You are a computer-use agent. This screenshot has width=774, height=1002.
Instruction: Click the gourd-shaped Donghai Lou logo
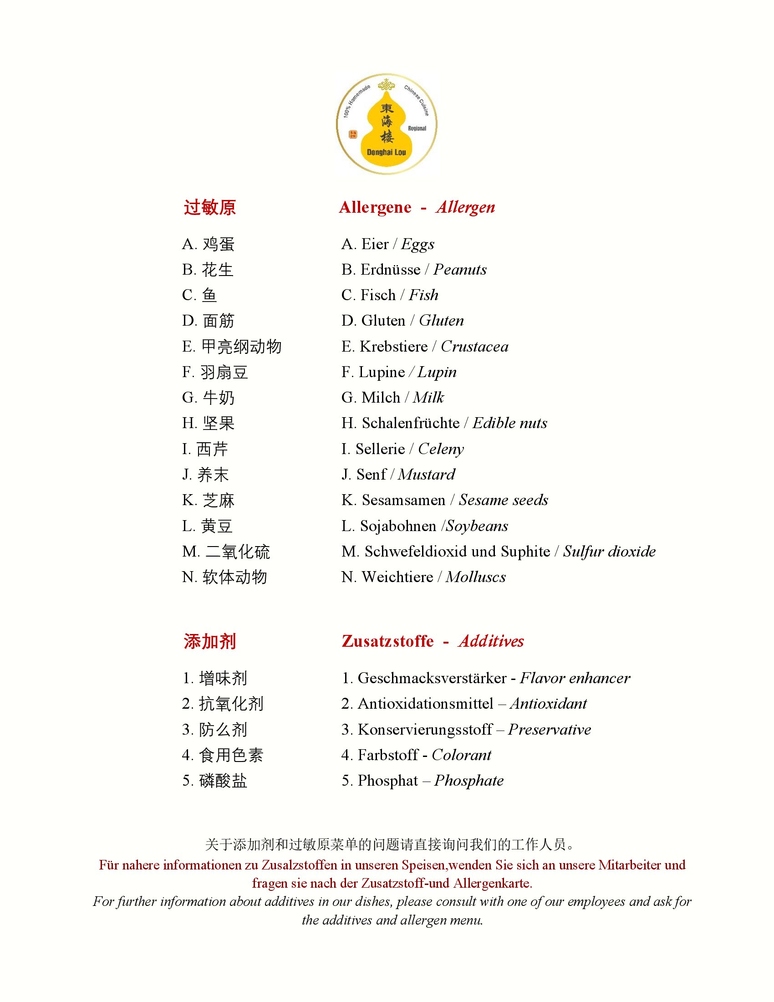click(x=387, y=124)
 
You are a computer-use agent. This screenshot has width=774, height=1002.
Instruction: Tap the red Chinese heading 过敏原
click(x=209, y=207)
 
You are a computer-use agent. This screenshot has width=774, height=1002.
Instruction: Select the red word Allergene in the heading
click(x=375, y=207)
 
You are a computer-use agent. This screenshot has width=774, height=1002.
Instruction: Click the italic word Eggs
click(x=417, y=244)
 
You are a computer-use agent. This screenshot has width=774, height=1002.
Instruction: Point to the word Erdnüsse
click(x=390, y=270)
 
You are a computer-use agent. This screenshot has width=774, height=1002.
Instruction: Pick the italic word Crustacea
click(x=474, y=347)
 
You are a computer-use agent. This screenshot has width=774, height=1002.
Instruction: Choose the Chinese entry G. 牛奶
click(x=208, y=398)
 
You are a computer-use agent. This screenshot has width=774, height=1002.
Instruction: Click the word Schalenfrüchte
click(x=410, y=423)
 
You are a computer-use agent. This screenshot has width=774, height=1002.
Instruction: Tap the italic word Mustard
click(x=427, y=475)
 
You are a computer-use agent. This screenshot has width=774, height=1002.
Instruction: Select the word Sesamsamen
click(x=403, y=500)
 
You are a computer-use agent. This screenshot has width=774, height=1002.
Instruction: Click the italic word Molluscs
click(x=475, y=577)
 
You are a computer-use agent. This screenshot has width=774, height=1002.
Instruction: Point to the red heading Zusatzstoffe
click(x=387, y=641)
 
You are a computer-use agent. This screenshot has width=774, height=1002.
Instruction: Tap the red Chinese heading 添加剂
click(x=209, y=641)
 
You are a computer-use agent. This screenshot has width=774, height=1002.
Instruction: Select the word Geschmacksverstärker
click(x=432, y=678)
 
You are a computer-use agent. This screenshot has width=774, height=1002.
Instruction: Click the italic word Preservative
click(x=550, y=730)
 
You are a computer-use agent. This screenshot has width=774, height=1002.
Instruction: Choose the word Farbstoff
click(x=388, y=755)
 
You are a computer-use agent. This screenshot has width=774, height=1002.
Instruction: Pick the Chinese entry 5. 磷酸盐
click(x=214, y=781)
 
